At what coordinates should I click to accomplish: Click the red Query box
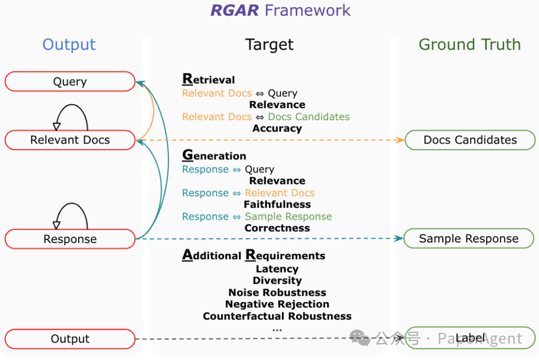point(70,82)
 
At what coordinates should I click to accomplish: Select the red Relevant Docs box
point(70,140)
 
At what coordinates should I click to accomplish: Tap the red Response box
point(70,239)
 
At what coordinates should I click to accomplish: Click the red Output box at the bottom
point(70,339)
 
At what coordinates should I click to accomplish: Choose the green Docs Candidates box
point(470,140)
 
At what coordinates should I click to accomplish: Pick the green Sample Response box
point(468,238)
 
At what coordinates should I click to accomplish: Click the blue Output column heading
point(69,45)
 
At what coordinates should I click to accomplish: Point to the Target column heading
point(269,45)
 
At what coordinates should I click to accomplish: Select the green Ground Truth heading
point(469,45)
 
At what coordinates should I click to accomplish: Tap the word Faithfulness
point(277,204)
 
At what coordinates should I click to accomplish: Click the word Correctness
point(277,228)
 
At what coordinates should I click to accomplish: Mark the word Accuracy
point(277,128)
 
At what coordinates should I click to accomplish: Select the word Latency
point(277,269)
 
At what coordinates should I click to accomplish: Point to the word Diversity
point(277,281)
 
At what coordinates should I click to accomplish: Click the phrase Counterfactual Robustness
point(277,316)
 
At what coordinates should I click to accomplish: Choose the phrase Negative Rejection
point(277,304)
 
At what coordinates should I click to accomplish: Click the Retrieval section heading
point(209,80)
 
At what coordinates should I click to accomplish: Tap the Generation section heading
point(214,156)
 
